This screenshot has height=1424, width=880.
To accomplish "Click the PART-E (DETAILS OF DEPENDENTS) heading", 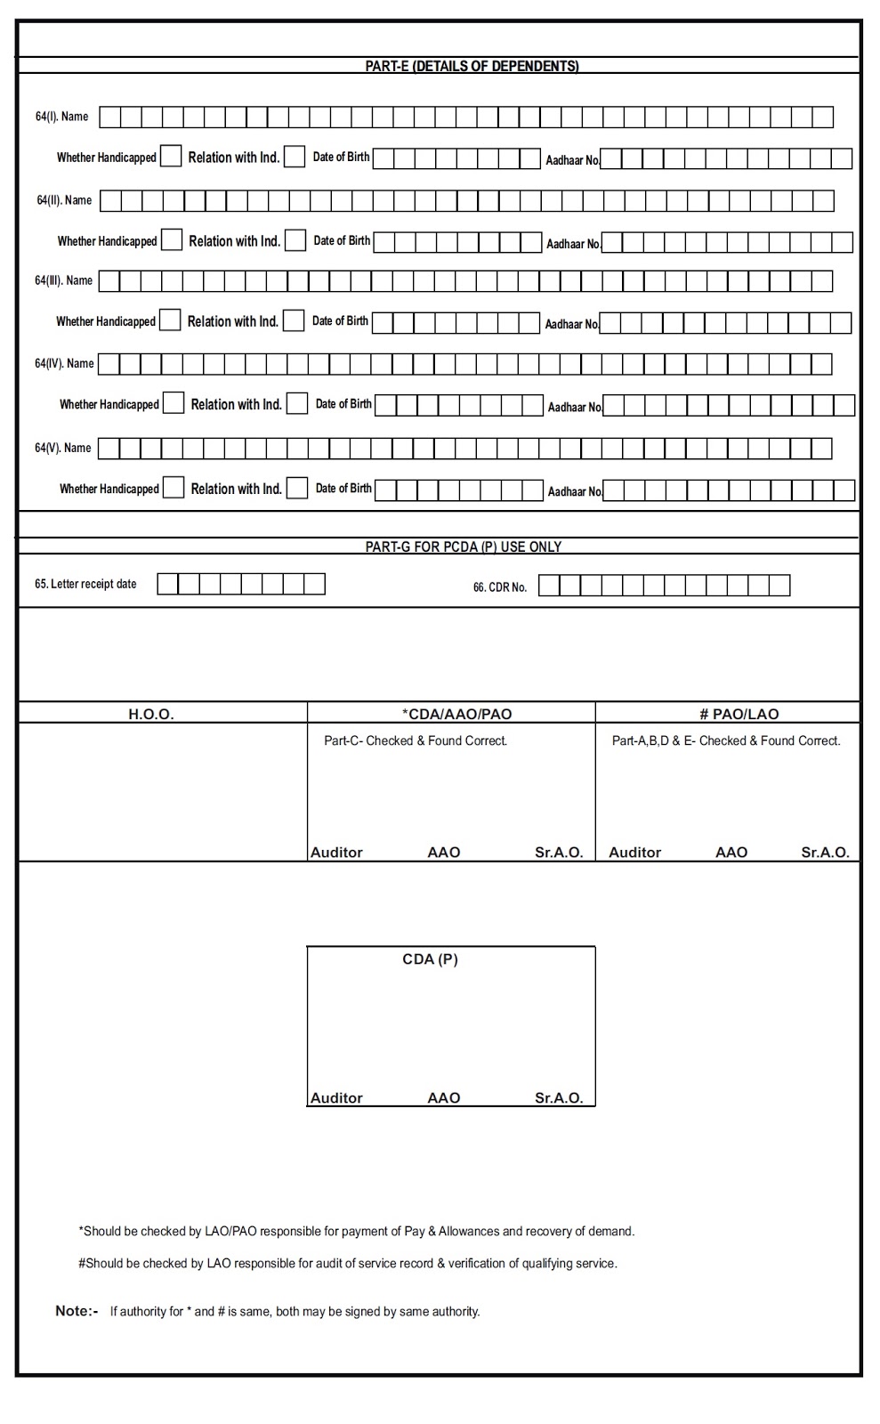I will [472, 66].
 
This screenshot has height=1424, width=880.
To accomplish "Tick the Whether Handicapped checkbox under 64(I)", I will [171, 157].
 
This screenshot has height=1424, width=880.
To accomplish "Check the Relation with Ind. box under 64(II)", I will [295, 240].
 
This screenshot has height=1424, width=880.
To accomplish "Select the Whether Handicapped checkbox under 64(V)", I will [174, 488].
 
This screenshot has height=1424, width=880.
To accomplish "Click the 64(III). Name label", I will [63, 280].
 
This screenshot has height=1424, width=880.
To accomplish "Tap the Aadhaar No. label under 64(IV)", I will [575, 408].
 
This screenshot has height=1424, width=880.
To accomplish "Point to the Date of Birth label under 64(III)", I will [340, 321].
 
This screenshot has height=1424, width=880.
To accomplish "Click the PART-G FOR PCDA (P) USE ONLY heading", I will [463, 546].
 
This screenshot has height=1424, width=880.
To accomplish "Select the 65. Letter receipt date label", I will [85, 584].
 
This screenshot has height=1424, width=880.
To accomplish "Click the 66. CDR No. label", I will [500, 587].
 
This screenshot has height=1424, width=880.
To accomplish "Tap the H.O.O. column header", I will [151, 714].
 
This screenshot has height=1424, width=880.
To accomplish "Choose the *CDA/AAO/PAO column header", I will [456, 714].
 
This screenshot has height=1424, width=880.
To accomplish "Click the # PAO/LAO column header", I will [739, 714].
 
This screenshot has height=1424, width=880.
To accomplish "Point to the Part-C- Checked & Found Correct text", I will [416, 740].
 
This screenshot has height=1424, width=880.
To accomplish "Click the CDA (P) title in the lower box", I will [430, 959].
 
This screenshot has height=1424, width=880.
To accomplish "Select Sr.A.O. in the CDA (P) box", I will [559, 1098].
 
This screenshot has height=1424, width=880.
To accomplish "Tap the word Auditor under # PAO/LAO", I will [634, 853].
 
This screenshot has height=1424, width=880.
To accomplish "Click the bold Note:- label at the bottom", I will [77, 1311].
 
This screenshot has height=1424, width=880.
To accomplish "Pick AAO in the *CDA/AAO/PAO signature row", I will [444, 853].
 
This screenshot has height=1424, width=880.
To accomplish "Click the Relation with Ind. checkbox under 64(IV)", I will [297, 403].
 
